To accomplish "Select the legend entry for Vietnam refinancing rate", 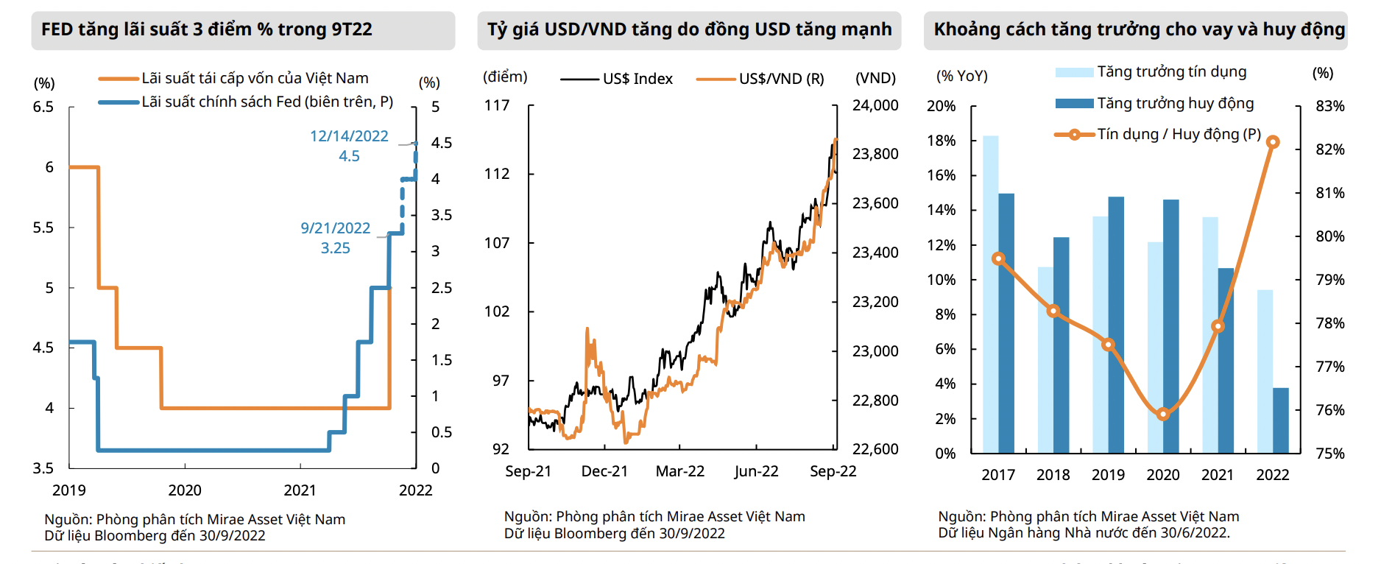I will point(255,78).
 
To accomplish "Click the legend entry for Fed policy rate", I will point(266,102).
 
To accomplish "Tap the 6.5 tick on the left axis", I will point(43,107).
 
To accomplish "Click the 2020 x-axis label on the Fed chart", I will point(185,490).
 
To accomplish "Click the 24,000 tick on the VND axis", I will point(875,105).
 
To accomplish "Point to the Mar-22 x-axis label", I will point(680,471).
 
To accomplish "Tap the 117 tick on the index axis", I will point(497,105).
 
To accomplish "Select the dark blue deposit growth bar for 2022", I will point(1281,420).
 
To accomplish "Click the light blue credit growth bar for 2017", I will point(991,295).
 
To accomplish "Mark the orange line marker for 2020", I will point(1163,415).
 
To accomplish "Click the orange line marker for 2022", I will point(1273,142).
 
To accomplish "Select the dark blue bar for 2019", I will point(1116,324).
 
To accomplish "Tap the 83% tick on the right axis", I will point(1330,106).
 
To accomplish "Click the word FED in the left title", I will point(57,29).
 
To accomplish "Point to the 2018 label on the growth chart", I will point(1053,475).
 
